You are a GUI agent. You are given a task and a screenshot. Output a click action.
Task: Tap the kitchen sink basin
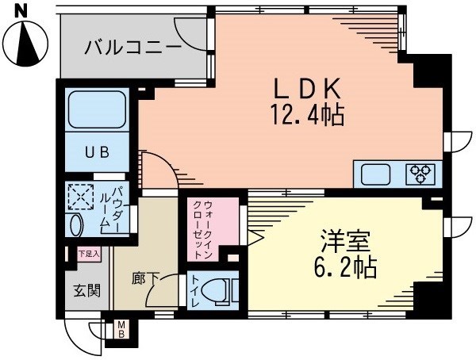point(378,174)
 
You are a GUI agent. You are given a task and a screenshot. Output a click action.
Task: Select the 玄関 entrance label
point(87,290)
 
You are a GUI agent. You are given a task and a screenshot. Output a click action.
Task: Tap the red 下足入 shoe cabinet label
point(88,255)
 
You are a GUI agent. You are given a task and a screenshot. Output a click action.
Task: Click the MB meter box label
point(122,327)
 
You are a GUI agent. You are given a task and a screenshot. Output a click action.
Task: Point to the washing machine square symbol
point(81,196)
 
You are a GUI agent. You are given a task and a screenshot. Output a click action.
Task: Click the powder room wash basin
point(75,224)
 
